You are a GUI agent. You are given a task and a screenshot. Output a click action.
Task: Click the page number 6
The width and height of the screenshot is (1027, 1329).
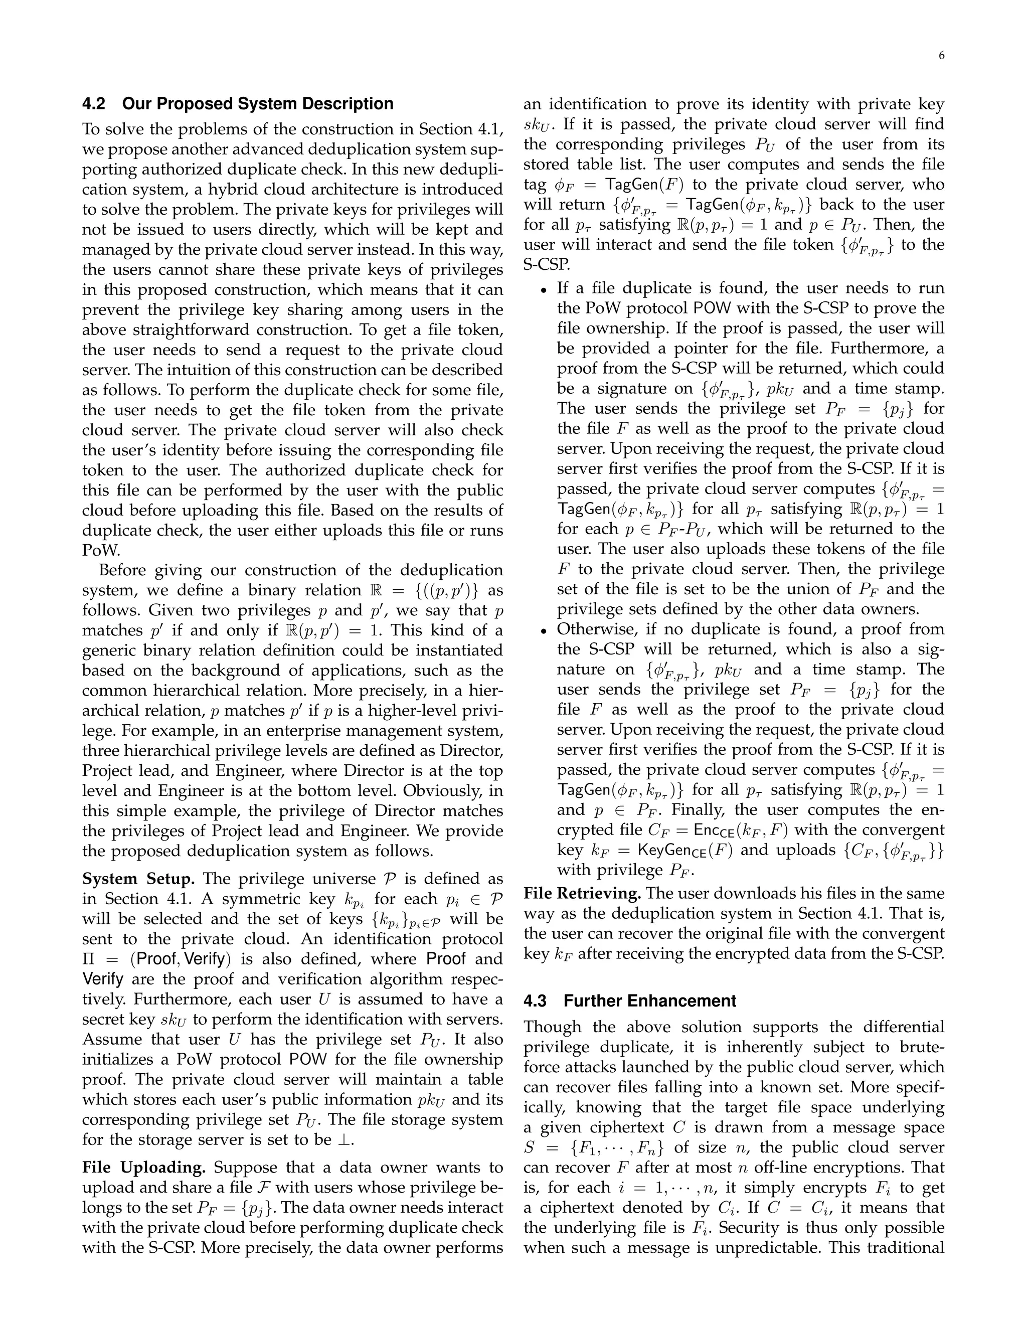click(941, 56)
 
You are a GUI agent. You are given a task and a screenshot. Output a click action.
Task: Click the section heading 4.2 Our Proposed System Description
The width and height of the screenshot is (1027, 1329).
click(238, 103)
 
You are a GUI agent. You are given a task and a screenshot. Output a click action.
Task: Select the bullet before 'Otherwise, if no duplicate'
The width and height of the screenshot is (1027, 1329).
click(545, 630)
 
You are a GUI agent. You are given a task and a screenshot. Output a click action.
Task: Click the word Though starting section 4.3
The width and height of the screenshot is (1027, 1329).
click(554, 1027)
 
